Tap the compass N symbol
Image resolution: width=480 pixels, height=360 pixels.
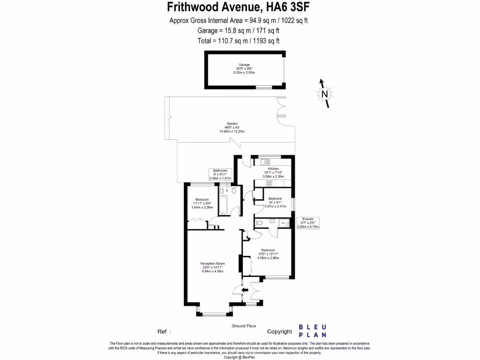click(x=324, y=94)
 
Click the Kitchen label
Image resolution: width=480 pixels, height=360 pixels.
click(x=273, y=169)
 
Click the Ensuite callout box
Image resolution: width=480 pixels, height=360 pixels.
click(x=308, y=223)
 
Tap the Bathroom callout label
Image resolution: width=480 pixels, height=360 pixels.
click(x=220, y=174)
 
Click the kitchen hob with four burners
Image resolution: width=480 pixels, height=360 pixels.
click(x=270, y=184)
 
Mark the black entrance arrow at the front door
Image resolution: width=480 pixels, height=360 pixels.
click(x=245, y=291)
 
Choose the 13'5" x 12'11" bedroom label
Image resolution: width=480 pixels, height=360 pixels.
click(x=268, y=254)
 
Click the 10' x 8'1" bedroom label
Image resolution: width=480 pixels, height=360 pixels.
click(x=275, y=202)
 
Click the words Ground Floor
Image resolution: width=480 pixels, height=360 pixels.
click(x=244, y=326)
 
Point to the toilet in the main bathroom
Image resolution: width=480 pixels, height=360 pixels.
click(x=234, y=191)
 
